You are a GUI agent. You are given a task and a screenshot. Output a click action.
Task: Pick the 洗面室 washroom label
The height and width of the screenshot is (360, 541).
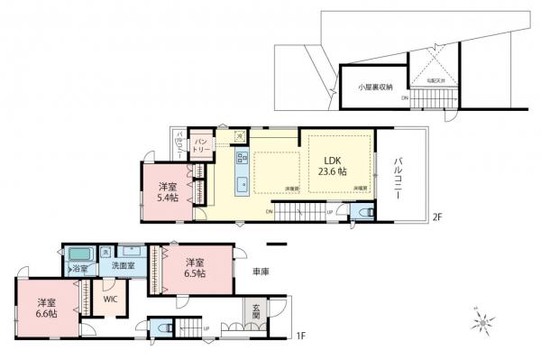coord(123,267)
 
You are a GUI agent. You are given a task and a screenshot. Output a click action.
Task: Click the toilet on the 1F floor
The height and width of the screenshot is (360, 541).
coord(164,328)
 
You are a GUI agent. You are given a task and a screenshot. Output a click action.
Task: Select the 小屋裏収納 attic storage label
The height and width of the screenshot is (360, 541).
coord(374,88)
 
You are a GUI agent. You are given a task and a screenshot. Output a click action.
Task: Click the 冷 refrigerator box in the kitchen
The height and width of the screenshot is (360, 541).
coord(239,136)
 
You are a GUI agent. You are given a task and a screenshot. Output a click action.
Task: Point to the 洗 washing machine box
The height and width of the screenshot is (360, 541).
coord(106,252)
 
